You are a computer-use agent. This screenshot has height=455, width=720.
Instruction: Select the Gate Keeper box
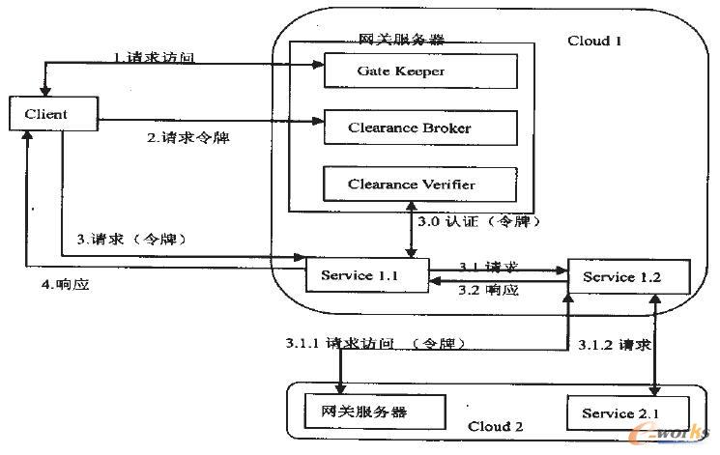point(419,71)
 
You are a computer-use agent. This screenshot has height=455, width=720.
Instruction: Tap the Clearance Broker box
point(419,127)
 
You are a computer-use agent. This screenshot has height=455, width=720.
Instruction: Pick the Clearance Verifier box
point(419,183)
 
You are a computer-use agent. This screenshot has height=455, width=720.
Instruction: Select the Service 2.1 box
point(620,413)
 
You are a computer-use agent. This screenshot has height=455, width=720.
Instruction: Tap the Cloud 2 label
point(496,426)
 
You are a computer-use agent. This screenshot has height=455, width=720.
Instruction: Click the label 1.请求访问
point(154,57)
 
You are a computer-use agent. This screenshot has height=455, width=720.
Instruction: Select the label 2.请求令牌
point(187,137)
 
